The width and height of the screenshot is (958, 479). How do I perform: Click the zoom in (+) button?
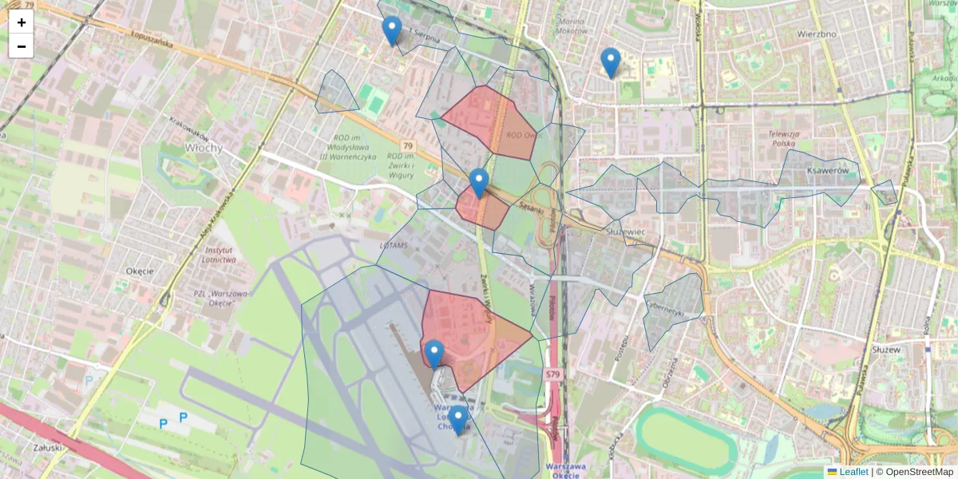coord(21,22)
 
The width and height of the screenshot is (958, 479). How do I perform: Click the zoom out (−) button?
coord(21,46)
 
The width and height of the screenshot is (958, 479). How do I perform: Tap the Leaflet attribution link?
coord(853,472)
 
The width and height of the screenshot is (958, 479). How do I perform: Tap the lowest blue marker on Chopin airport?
coord(457,420)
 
